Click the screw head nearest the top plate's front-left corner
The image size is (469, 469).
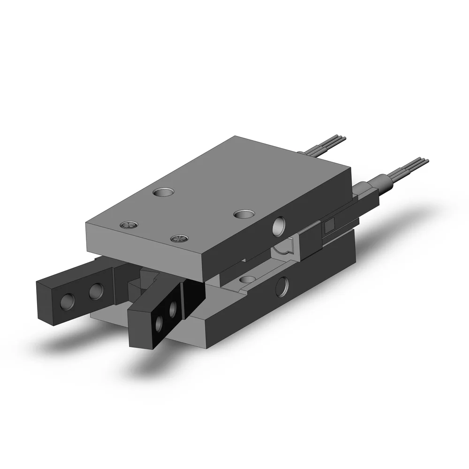click(128, 225)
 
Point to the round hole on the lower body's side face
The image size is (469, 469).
click(283, 287)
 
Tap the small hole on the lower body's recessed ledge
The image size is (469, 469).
click(245, 280)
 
